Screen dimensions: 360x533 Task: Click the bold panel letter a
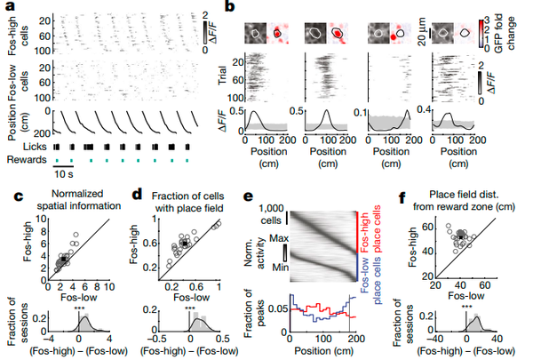pyautogui.click(x=10, y=8)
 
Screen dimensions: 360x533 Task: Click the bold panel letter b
pyautogui.click(x=228, y=8)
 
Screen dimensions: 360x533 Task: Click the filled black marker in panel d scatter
pyautogui.click(x=185, y=242)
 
